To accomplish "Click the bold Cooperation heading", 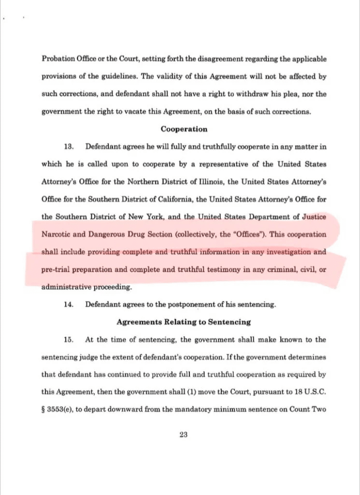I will point(184,129).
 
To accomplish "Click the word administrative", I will point(68,287).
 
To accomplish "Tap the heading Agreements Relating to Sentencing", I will point(184,322).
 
